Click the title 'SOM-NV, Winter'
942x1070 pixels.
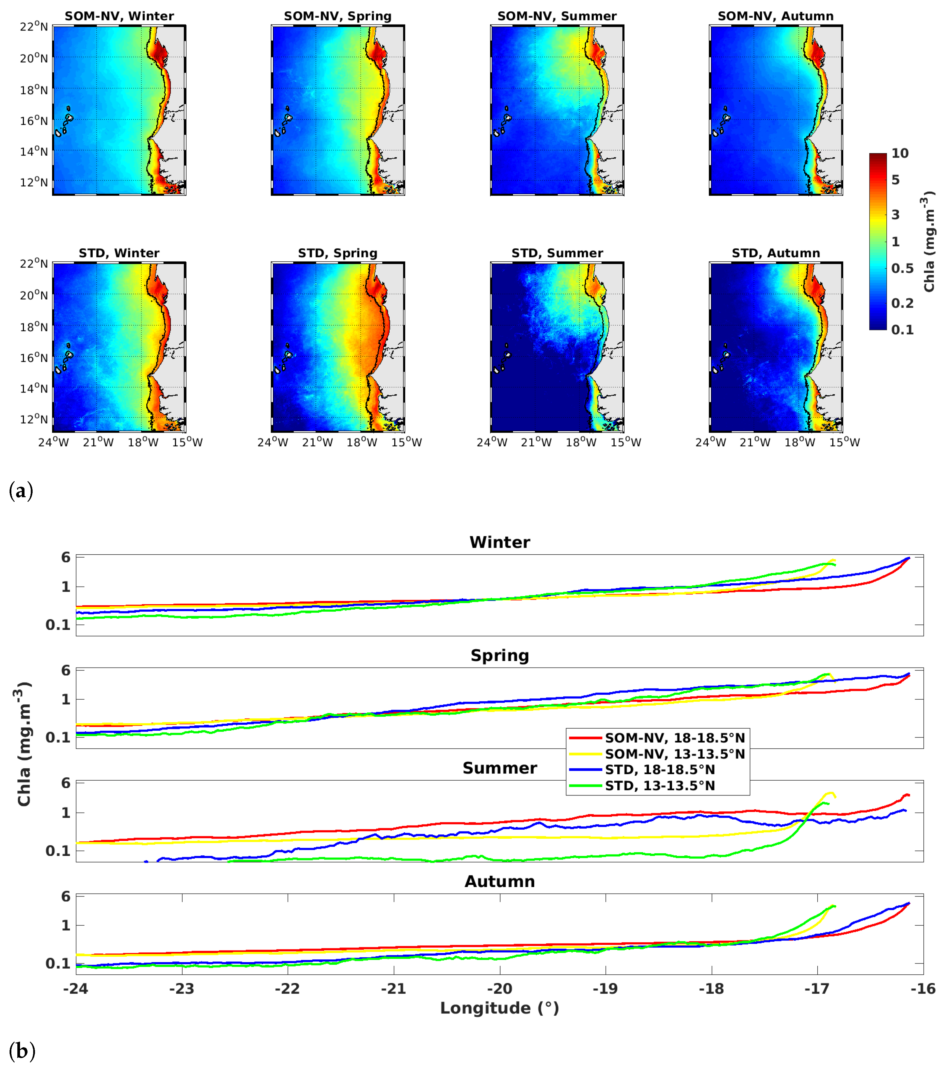point(119,16)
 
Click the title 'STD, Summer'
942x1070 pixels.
point(557,253)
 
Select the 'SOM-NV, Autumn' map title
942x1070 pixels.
point(775,16)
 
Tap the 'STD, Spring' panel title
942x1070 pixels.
point(338,253)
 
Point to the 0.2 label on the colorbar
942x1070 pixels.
point(902,303)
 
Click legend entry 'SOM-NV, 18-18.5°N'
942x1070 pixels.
point(674,738)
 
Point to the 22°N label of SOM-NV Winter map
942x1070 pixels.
point(34,26)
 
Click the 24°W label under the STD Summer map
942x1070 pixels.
point(491,442)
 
